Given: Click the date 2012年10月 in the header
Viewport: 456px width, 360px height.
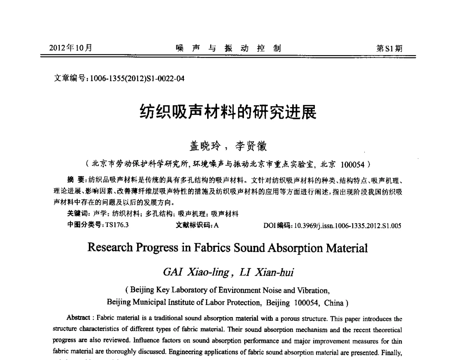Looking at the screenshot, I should tap(71, 48).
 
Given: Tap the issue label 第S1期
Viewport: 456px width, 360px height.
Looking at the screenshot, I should tap(389, 48).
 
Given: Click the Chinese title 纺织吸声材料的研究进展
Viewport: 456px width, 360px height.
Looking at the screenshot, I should tap(228, 112).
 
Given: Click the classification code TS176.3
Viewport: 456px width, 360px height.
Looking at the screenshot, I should tap(117, 225).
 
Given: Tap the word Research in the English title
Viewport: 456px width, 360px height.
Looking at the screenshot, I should tap(111, 248).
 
